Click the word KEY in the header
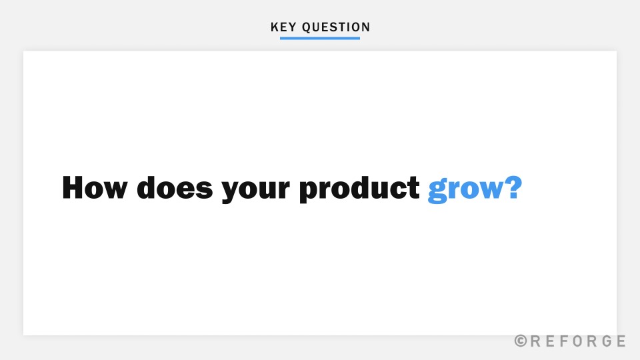click(x=283, y=27)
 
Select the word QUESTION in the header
click(x=336, y=27)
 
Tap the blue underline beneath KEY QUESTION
click(x=320, y=38)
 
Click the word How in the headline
click(x=95, y=188)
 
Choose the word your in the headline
click(x=256, y=190)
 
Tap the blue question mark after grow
click(x=511, y=188)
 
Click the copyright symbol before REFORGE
click(x=521, y=341)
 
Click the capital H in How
click(x=75, y=188)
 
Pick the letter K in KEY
click(x=275, y=27)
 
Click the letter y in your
click(x=231, y=192)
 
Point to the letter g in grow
click(x=437, y=192)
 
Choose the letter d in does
click(x=148, y=188)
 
